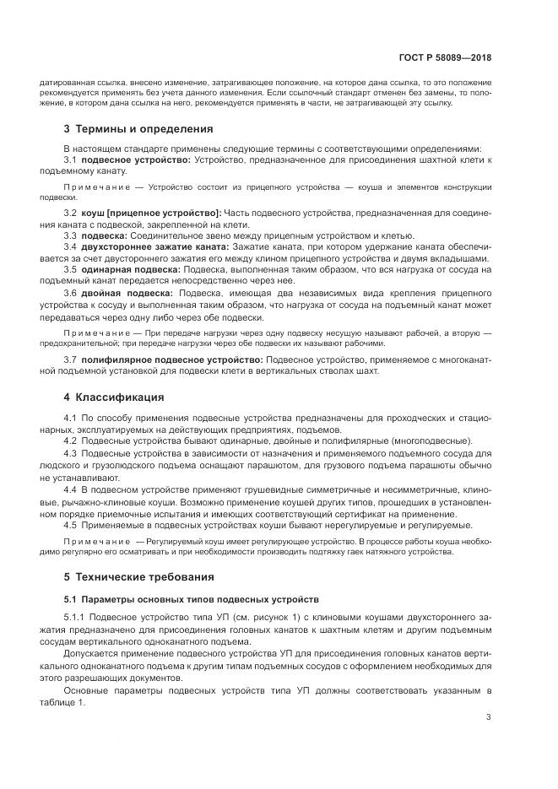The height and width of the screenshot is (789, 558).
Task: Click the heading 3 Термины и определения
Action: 138,129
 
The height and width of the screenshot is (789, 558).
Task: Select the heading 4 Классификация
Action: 114,397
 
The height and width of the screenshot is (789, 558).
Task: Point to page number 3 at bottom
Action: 489,718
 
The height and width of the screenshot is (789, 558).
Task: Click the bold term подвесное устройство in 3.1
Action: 137,159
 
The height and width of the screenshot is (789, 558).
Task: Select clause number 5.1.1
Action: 74,619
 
